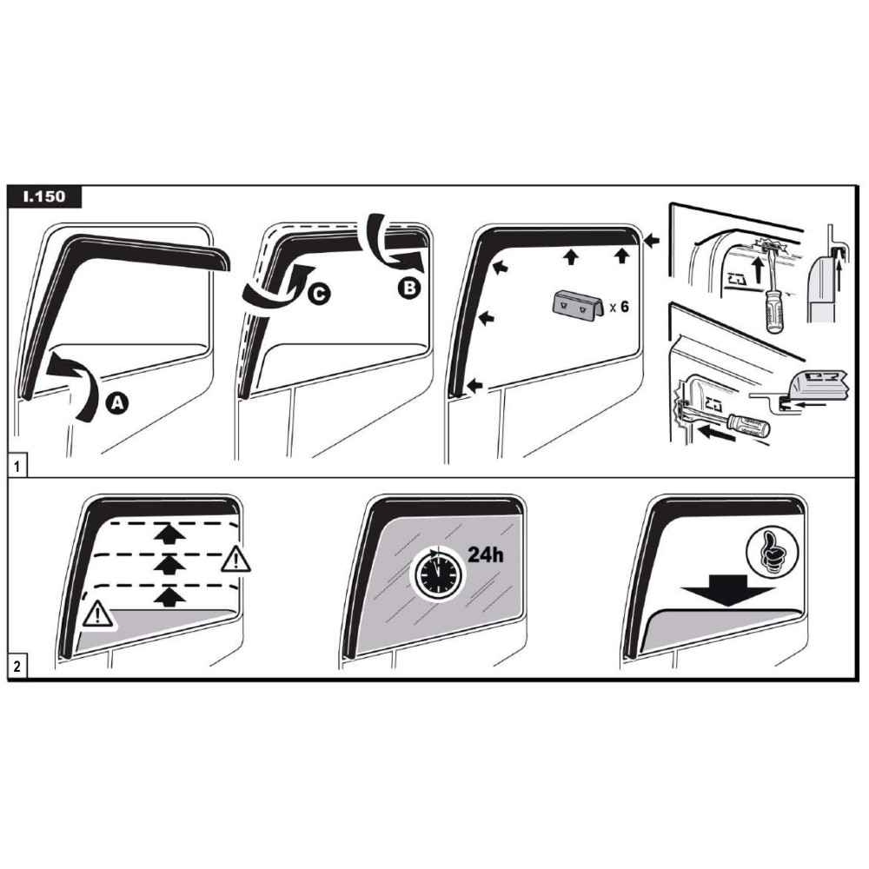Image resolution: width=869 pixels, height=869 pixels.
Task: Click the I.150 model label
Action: [x=44, y=196]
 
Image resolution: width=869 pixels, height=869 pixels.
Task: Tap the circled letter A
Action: [x=117, y=403]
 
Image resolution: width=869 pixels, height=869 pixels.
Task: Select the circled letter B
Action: [x=409, y=289]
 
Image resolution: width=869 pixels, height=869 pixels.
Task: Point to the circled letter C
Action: [x=319, y=294]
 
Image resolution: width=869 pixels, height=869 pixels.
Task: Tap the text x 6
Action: [x=619, y=307]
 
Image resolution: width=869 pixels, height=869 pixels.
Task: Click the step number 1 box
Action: [x=17, y=467]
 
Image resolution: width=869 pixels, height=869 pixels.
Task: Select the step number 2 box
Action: [x=17, y=666]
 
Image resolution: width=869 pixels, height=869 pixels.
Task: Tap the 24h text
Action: [x=486, y=554]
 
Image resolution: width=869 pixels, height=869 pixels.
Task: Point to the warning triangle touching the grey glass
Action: [x=97, y=614]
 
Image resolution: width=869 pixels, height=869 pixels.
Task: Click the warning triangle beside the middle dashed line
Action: [x=235, y=559]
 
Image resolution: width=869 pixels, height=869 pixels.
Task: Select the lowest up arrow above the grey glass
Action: [x=169, y=598]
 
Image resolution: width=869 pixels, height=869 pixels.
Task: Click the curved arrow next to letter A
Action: [x=76, y=386]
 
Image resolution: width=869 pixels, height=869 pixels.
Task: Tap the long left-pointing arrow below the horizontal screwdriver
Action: [x=717, y=433]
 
